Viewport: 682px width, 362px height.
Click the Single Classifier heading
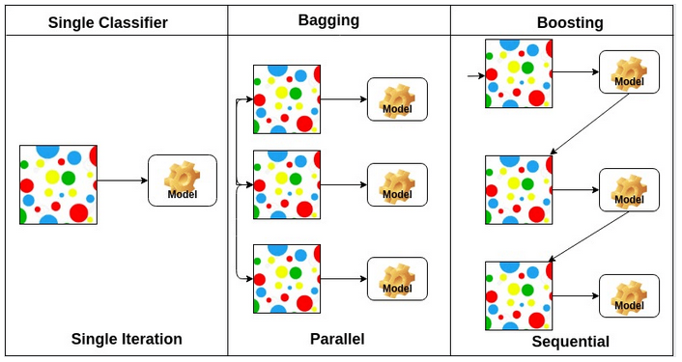pyautogui.click(x=116, y=22)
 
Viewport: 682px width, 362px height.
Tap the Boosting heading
pyautogui.click(x=570, y=21)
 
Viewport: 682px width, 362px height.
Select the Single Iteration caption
pyautogui.click(x=127, y=339)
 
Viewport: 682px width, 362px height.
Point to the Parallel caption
pyautogui.click(x=337, y=339)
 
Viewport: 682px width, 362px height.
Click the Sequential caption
pyautogui.click(x=570, y=342)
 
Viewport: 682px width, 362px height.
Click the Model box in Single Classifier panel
pyautogui.click(x=183, y=180)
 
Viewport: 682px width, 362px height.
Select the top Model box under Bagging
pyautogui.click(x=396, y=99)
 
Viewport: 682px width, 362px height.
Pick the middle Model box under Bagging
pyautogui.click(x=396, y=184)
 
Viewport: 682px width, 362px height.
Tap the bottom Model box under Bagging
pyautogui.click(x=396, y=278)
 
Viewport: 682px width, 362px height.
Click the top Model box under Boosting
pyautogui.click(x=629, y=72)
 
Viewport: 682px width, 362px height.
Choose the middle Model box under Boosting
pyautogui.click(x=629, y=190)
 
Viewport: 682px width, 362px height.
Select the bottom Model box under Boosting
pyautogui.click(x=629, y=296)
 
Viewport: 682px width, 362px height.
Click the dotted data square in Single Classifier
pyautogui.click(x=58, y=184)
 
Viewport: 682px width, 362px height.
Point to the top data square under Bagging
pyautogui.click(x=287, y=99)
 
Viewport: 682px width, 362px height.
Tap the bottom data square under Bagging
pyautogui.click(x=287, y=279)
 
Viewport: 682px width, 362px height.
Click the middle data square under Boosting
pyautogui.click(x=519, y=190)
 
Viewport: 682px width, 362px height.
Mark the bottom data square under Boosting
pyautogui.click(x=519, y=295)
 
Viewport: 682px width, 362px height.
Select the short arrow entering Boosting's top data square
pyautogui.click(x=474, y=74)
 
